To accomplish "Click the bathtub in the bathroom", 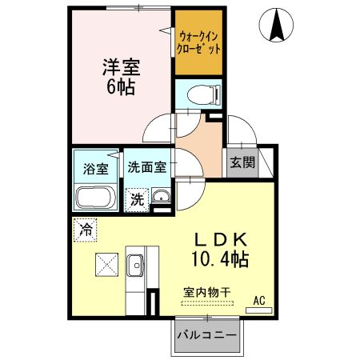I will [95, 198].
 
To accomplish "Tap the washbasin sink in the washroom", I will [161, 198].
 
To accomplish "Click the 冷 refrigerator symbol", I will [85, 230].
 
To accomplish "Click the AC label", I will [258, 300].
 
